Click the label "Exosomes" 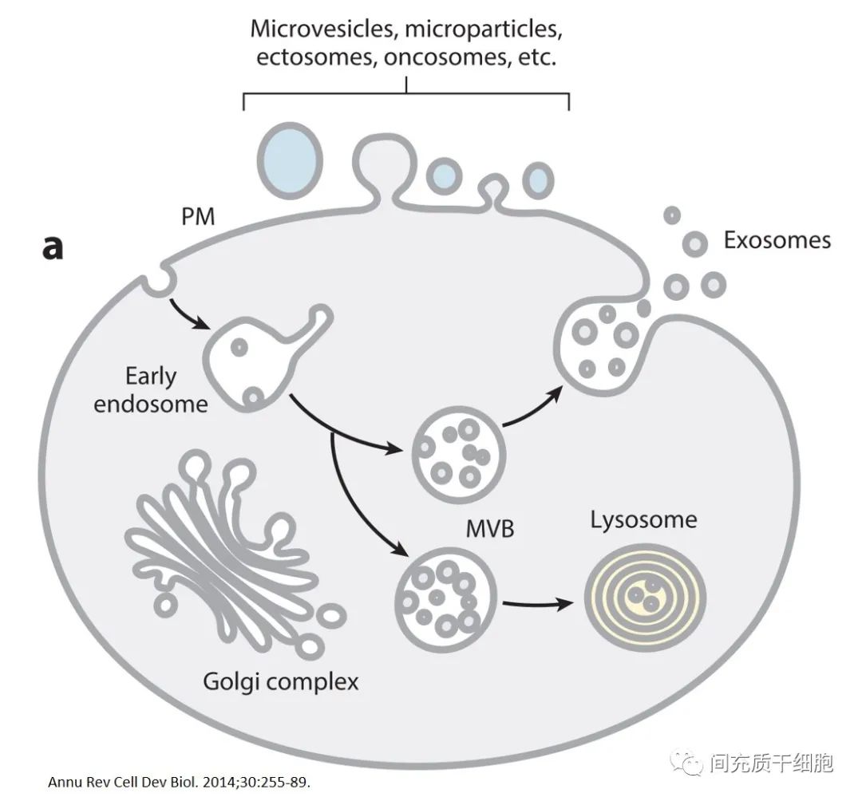pyautogui.click(x=777, y=240)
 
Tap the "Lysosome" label pyautogui.click(x=643, y=521)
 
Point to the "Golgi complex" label pyautogui.click(x=280, y=682)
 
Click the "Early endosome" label pyautogui.click(x=151, y=390)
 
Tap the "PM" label pyautogui.click(x=198, y=216)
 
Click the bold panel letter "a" pyautogui.click(x=53, y=248)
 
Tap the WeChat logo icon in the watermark pyautogui.click(x=687, y=764)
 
